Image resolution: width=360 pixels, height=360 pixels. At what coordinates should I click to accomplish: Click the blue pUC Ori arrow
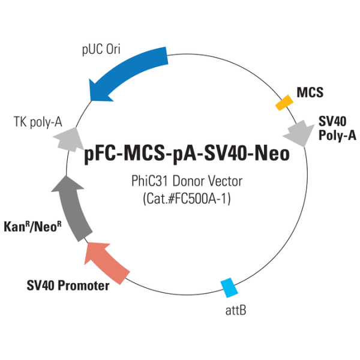[129, 68]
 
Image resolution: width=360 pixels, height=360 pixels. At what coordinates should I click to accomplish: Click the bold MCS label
[310, 92]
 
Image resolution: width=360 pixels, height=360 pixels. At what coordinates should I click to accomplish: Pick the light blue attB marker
[229, 288]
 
